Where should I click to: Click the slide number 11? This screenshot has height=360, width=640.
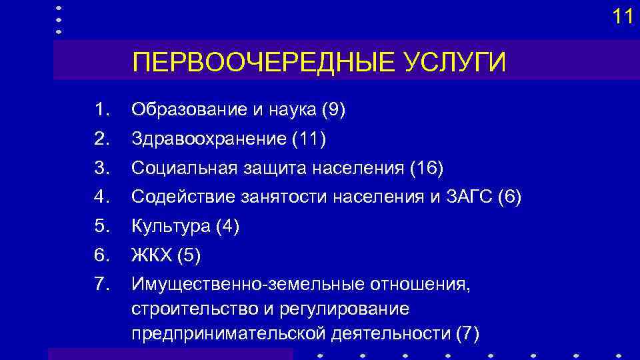623,17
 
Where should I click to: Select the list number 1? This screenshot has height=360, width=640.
101,110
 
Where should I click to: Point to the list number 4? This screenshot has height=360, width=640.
101,197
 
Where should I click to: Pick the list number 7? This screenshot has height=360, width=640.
101,285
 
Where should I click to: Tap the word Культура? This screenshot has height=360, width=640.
171,227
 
